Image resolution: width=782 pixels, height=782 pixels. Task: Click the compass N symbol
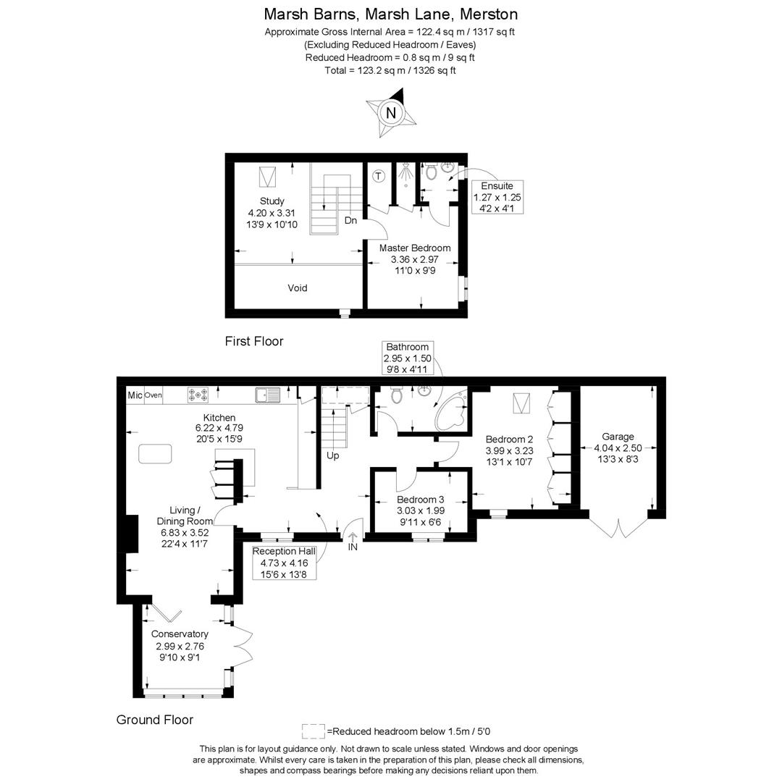391,113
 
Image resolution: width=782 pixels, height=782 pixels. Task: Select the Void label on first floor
298,287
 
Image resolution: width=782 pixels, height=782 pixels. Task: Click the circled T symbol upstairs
378,176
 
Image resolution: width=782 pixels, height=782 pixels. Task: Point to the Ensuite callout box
497,197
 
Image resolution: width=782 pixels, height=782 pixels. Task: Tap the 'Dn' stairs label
350,220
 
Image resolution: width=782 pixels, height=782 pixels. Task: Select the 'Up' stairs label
333,455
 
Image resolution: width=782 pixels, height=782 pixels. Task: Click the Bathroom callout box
408,358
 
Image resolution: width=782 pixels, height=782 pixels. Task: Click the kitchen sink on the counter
267,395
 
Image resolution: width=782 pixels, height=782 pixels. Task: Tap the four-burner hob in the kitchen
198,395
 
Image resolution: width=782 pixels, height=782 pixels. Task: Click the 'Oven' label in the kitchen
153,395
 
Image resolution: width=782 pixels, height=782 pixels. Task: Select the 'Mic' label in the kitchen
135,395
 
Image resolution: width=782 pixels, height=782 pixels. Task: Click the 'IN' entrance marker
353,547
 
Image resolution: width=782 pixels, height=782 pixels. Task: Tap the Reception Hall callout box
284,562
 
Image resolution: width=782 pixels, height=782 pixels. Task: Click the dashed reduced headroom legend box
313,731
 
